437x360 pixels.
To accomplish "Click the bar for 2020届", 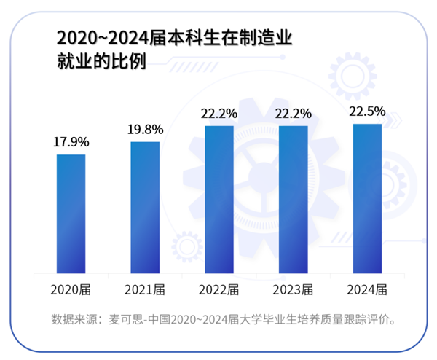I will coord(71,213).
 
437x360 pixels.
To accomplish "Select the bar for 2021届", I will coord(145,206).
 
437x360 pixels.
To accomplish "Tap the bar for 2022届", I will coord(219,198).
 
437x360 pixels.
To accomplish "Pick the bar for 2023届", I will coord(293,198).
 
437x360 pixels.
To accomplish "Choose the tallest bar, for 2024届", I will coord(367,197).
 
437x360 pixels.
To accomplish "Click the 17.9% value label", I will coord(71,141).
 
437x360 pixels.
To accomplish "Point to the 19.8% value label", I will coord(145,129).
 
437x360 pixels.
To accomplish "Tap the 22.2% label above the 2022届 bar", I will coord(219,114).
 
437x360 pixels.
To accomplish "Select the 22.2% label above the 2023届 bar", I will coord(293,114).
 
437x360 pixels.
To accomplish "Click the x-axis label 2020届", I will coord(71,290).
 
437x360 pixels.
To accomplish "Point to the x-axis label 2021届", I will coord(145,290).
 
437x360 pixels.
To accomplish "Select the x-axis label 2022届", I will coord(219,290).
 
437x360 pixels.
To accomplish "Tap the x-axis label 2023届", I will coord(293,290).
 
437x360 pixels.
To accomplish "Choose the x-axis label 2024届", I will coord(367,290).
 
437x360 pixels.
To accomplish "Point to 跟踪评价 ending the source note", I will coord(374,320).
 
